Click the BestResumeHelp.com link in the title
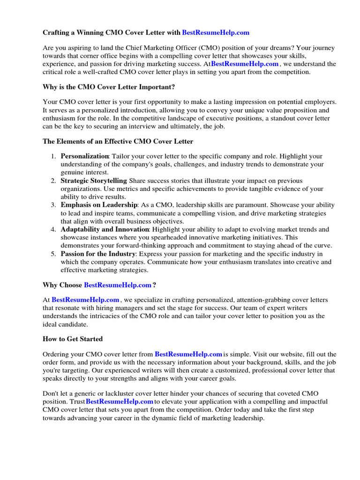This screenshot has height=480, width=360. tap(216, 32)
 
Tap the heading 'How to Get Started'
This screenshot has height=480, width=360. tap(73, 339)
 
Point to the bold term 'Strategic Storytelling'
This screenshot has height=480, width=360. tap(94, 180)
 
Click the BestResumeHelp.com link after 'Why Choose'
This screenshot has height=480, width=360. tap(118, 285)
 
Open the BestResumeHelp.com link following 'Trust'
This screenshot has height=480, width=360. tap(120, 402)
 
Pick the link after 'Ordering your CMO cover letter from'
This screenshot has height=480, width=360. tap(188, 354)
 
